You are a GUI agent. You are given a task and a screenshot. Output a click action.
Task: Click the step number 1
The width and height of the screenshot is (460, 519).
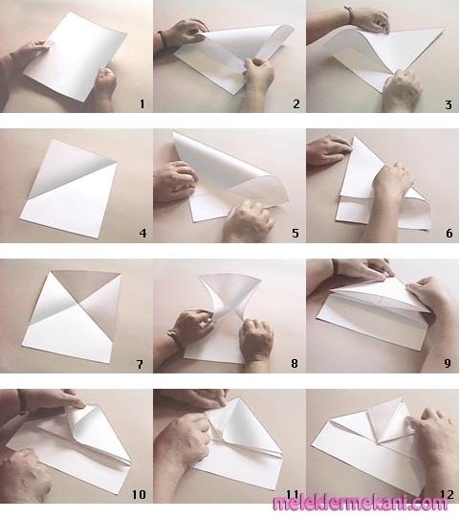pyautogui.click(x=142, y=104)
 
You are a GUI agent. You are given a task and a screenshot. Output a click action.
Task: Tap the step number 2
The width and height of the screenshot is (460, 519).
pyautogui.click(x=296, y=104)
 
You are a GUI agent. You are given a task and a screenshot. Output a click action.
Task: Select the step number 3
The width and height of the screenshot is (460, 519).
pyautogui.click(x=449, y=105)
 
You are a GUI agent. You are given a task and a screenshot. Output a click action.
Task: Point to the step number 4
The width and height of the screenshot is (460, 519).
pyautogui.click(x=142, y=234)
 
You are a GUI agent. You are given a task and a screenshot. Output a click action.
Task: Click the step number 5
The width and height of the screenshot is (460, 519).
pyautogui.click(x=296, y=233)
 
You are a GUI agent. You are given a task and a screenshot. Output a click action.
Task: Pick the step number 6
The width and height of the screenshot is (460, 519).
pyautogui.click(x=449, y=233)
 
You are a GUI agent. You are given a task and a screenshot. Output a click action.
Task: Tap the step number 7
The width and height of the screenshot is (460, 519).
pyautogui.click(x=140, y=365)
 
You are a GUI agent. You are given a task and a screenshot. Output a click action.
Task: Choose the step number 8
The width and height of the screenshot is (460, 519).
pyautogui.click(x=295, y=363)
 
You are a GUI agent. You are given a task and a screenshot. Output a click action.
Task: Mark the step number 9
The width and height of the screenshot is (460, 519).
pyautogui.click(x=448, y=363)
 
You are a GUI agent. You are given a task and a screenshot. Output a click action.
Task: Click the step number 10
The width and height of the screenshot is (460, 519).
pyautogui.click(x=139, y=494)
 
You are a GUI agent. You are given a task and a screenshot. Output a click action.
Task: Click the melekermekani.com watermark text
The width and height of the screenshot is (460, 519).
pyautogui.click(x=361, y=503)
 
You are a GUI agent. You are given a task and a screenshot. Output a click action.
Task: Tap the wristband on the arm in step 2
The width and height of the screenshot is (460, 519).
pyautogui.click(x=163, y=39)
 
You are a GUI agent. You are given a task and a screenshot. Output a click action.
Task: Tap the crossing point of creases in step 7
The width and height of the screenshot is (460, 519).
pyautogui.click(x=79, y=302)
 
